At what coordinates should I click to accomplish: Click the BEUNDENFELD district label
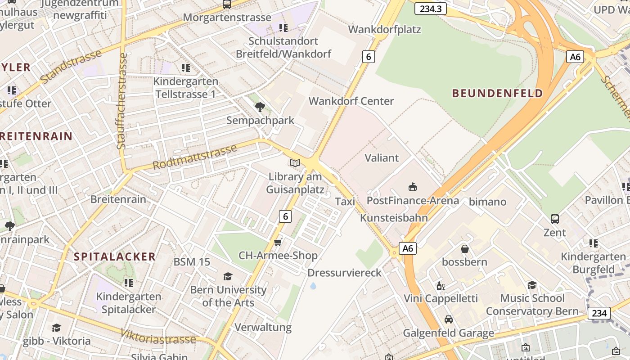click(497, 94)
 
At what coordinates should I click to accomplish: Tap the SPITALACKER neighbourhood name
click(115, 257)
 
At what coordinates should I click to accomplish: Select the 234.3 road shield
click(430, 9)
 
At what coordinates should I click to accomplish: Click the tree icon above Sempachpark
click(260, 107)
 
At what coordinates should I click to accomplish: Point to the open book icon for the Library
click(295, 163)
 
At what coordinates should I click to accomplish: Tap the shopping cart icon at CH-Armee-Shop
click(278, 243)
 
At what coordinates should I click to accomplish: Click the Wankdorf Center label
click(351, 101)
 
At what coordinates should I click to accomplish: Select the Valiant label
click(382, 158)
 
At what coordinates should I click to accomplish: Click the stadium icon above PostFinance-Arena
click(412, 187)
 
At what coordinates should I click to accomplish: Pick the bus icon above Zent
click(555, 219)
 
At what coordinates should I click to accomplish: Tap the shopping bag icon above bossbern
click(464, 249)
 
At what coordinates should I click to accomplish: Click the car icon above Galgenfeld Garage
click(448, 319)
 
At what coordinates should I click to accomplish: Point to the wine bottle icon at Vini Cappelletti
click(441, 286)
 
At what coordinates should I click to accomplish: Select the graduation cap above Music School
click(532, 285)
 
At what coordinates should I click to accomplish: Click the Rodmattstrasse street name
click(194, 157)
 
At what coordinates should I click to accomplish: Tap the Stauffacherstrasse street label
click(121, 101)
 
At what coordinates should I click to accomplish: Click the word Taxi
click(345, 202)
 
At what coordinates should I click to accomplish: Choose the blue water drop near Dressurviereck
click(313, 286)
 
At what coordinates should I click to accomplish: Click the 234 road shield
click(599, 313)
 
